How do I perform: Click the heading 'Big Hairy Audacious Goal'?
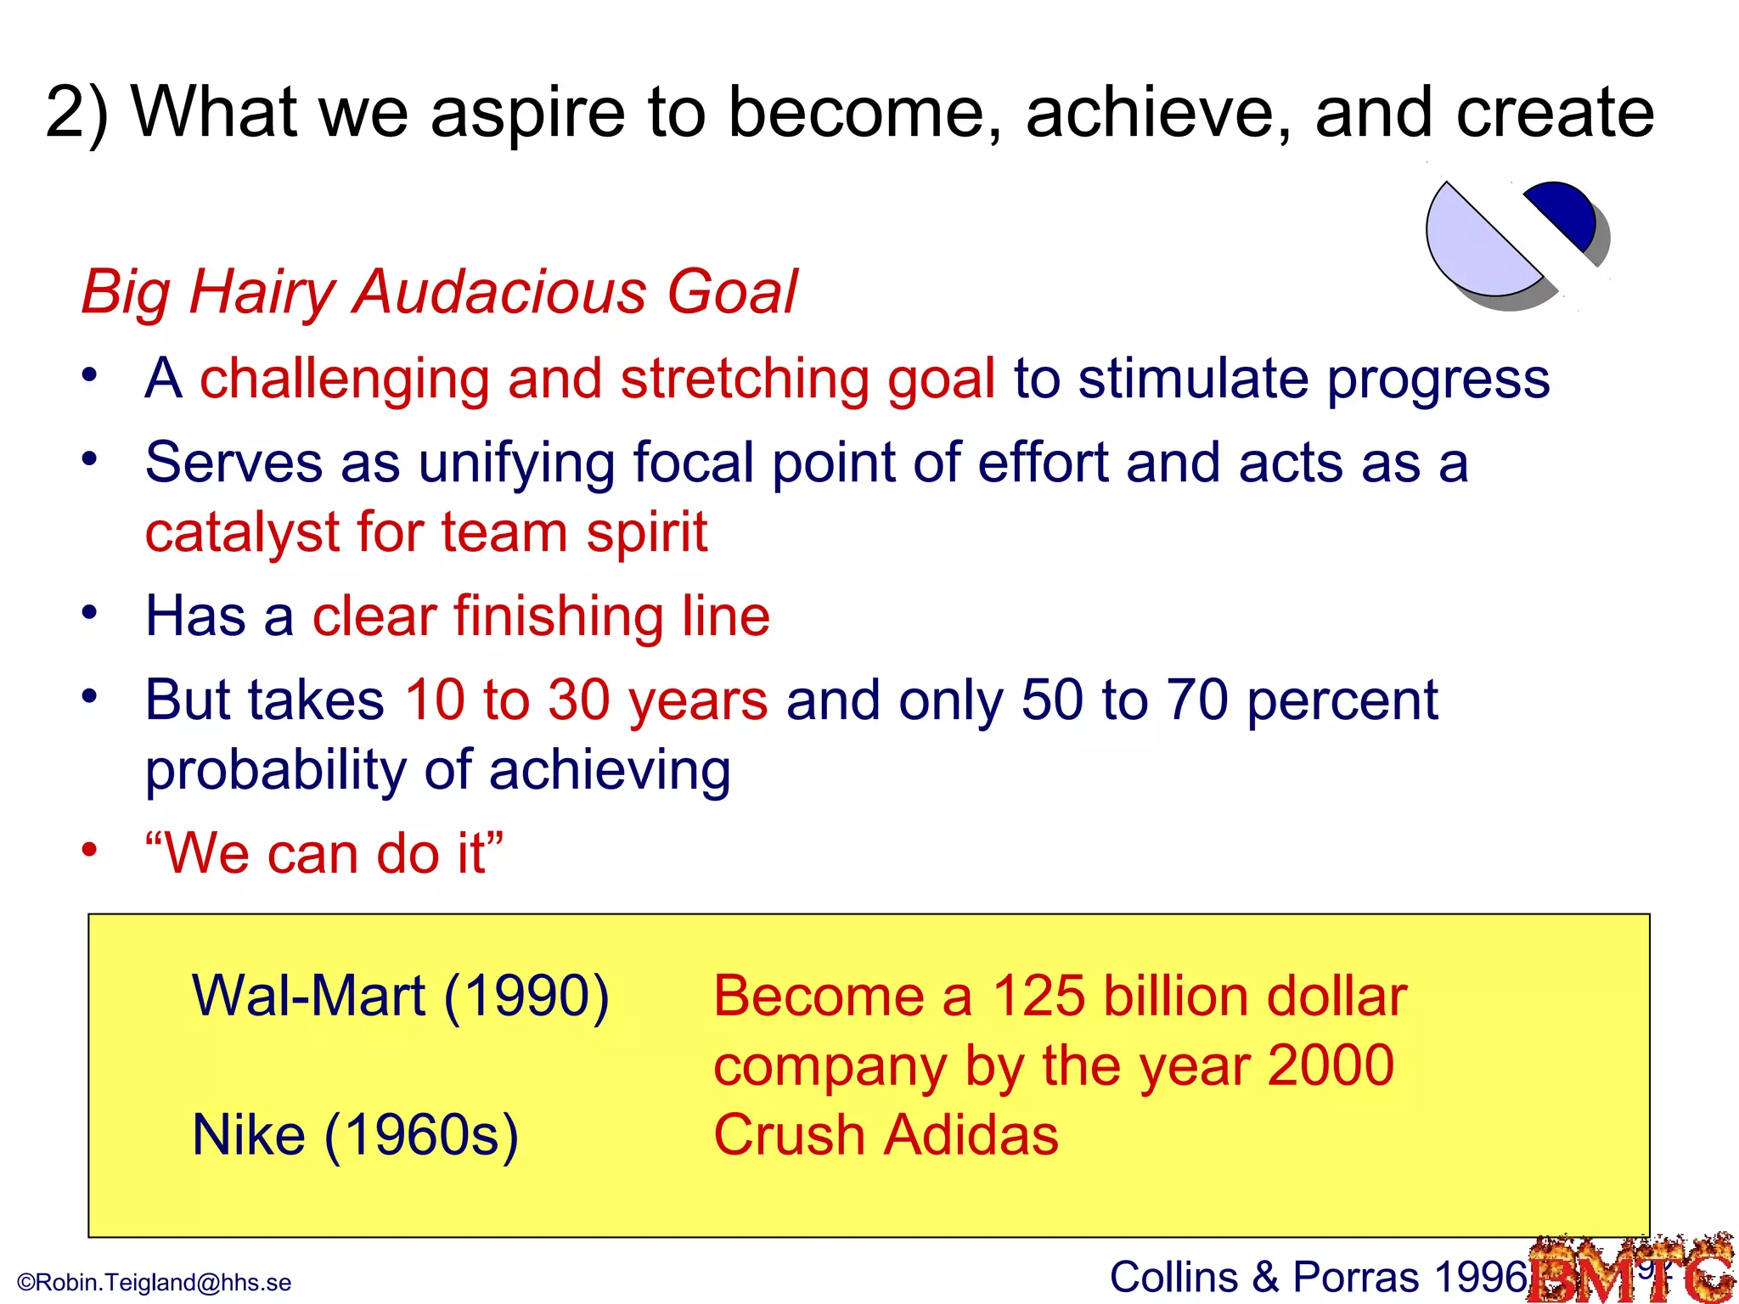pos(439,291)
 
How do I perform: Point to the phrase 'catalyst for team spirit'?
pos(425,533)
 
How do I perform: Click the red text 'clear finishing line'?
pos(541,615)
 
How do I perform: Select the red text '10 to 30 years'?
pos(586,700)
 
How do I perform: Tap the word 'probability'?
pos(276,770)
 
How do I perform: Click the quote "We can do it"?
pos(324,853)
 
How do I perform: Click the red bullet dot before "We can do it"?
pos(90,849)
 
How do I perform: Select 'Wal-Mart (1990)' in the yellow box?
pos(401,996)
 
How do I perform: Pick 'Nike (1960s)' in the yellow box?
pos(355,1135)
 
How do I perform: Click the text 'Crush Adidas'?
pos(886,1135)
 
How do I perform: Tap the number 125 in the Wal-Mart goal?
pos(1038,996)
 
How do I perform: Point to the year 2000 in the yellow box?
pos(1330,1065)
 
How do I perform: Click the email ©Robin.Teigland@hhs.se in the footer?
pos(155,1282)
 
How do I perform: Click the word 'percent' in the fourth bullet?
pos(1342,700)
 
